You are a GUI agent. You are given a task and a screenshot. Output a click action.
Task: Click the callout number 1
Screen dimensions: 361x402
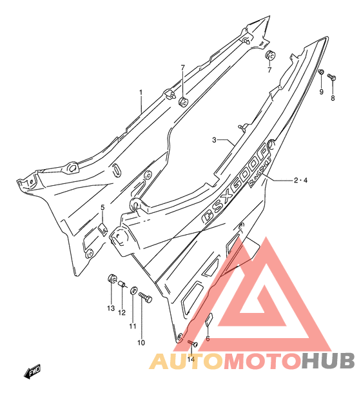click(x=141, y=92)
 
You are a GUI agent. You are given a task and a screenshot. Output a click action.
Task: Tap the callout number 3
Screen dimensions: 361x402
click(x=214, y=140)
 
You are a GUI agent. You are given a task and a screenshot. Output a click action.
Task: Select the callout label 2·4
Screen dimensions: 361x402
click(x=300, y=181)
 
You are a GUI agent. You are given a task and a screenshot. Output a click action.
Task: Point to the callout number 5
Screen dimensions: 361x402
click(x=102, y=207)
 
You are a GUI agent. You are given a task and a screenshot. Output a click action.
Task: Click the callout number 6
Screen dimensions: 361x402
click(x=208, y=339)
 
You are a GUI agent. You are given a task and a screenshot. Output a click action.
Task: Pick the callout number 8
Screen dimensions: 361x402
click(x=333, y=98)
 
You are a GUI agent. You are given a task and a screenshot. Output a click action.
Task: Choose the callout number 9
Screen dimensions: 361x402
click(x=321, y=92)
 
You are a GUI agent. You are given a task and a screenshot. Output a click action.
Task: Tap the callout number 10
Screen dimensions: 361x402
click(x=141, y=343)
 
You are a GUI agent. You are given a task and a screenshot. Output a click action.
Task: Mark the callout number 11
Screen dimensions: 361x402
click(x=132, y=327)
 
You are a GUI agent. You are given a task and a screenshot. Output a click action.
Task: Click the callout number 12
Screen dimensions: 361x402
click(x=122, y=312)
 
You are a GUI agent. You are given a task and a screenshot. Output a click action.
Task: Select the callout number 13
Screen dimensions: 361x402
click(x=111, y=308)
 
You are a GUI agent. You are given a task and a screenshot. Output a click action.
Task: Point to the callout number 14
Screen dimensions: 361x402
click(x=191, y=359)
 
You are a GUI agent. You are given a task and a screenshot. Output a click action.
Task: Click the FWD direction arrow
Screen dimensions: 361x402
click(x=32, y=371)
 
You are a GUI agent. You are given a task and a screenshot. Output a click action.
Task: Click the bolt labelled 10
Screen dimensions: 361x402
click(x=145, y=297)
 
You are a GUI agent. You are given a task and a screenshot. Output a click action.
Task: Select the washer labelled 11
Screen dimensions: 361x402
click(x=133, y=290)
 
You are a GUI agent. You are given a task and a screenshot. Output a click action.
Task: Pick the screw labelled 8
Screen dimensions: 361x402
click(x=331, y=77)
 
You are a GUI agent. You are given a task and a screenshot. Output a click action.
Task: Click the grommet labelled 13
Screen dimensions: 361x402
click(x=112, y=278)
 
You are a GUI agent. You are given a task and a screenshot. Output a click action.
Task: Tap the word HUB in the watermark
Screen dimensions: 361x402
click(x=328, y=361)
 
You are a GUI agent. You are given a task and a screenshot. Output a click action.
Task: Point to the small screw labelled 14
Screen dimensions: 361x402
click(x=192, y=343)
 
